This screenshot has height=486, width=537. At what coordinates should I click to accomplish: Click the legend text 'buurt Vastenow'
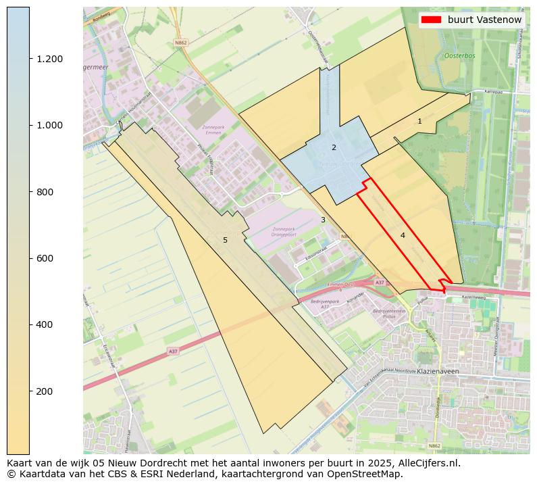click(484, 20)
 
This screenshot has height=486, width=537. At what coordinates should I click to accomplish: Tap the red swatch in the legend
click(431, 20)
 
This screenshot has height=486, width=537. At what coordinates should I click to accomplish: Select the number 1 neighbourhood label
click(419, 122)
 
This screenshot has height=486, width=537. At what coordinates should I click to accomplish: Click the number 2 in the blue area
click(334, 147)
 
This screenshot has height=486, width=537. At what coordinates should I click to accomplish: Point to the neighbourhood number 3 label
click(323, 220)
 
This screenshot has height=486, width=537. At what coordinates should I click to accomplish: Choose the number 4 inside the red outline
click(403, 235)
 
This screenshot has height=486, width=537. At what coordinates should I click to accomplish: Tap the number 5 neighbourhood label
click(225, 241)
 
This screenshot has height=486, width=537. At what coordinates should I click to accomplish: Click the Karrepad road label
click(494, 91)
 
